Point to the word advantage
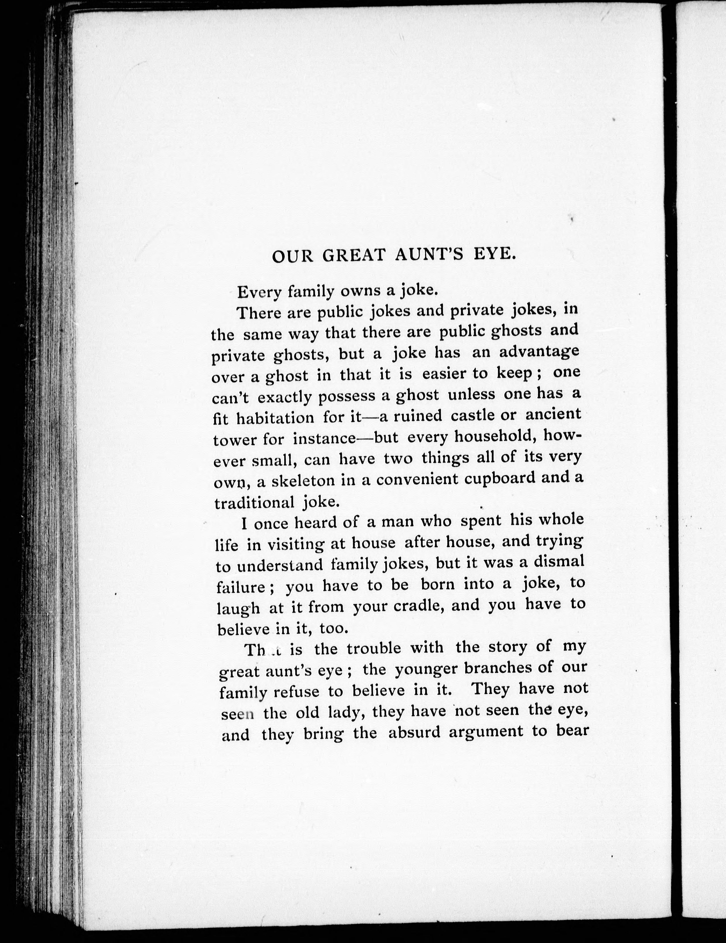click(539, 352)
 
